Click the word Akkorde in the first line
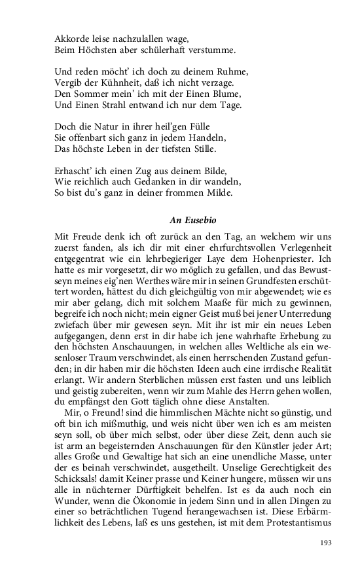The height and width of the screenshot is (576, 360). point(72,38)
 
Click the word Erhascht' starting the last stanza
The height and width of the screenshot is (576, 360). point(75,171)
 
